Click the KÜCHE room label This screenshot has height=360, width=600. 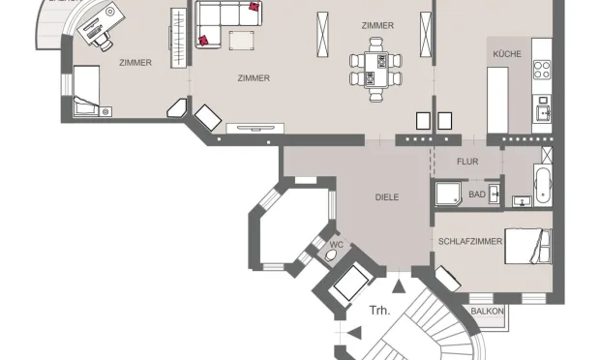pyautogui.click(x=506, y=54)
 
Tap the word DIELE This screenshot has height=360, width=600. pyautogui.click(x=387, y=197)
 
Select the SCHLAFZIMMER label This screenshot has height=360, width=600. pyautogui.click(x=470, y=241)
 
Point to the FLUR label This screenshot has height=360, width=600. pyautogui.click(x=468, y=163)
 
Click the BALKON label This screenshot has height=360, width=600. pyautogui.click(x=487, y=311)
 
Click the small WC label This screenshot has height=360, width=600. pyautogui.click(x=336, y=245)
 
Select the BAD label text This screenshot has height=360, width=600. pyautogui.click(x=477, y=195)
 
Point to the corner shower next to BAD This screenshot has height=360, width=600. pyautogui.click(x=448, y=195)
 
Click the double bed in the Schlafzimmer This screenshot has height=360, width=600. pyautogui.click(x=528, y=247)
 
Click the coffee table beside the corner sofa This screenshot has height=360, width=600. pyautogui.click(x=240, y=39)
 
